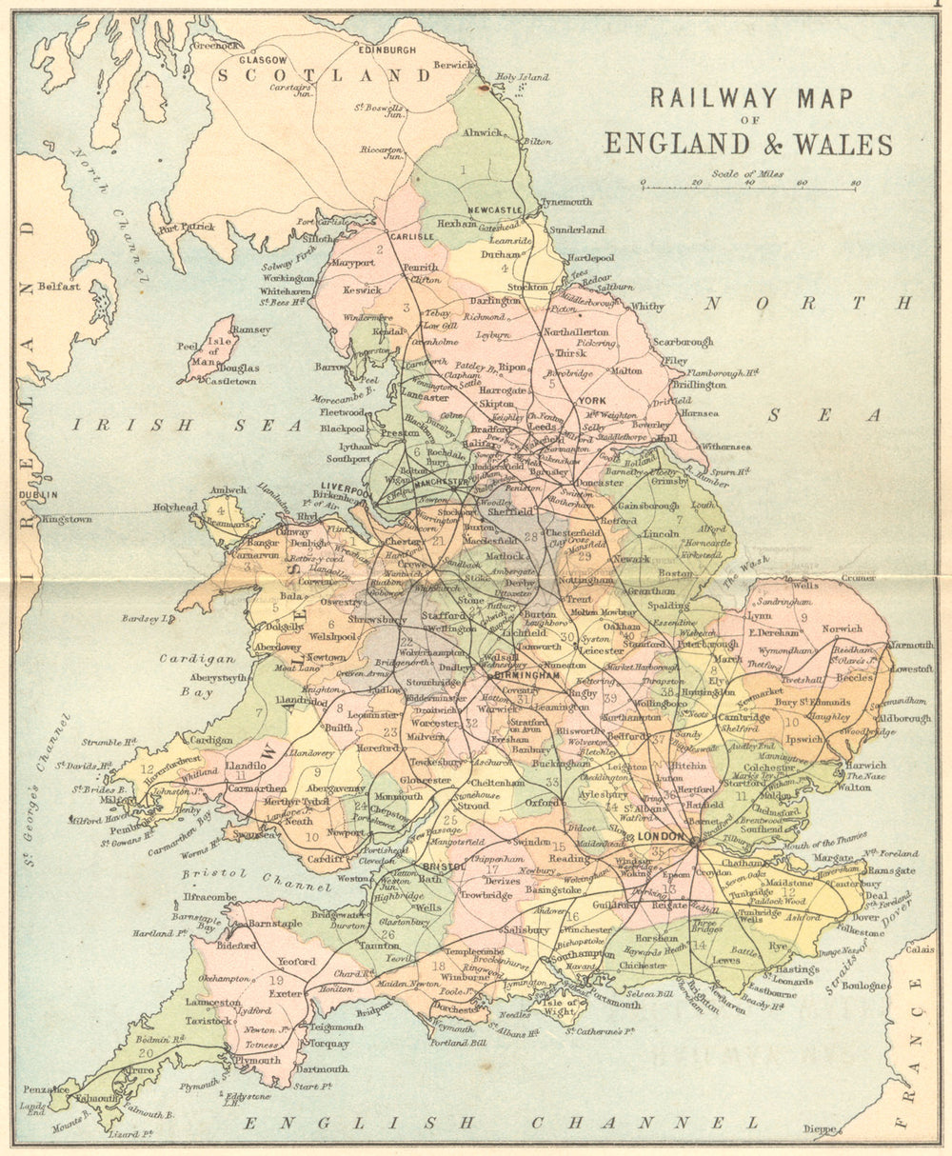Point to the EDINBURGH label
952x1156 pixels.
tap(387, 49)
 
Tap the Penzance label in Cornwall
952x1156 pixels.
tap(45, 1088)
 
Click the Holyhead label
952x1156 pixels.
tap(175, 508)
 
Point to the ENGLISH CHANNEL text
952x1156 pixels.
tap(501, 1124)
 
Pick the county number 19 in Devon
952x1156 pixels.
tap(277, 980)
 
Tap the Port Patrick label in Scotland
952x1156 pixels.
tap(187, 227)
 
